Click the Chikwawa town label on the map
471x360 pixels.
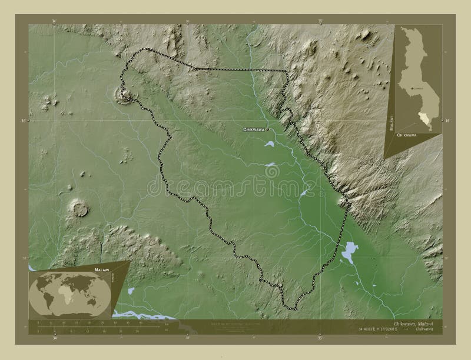(x=253, y=129)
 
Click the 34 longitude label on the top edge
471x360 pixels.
(x=55, y=21)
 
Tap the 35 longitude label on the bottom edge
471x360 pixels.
(x=320, y=338)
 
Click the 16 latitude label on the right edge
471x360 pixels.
(x=447, y=121)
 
